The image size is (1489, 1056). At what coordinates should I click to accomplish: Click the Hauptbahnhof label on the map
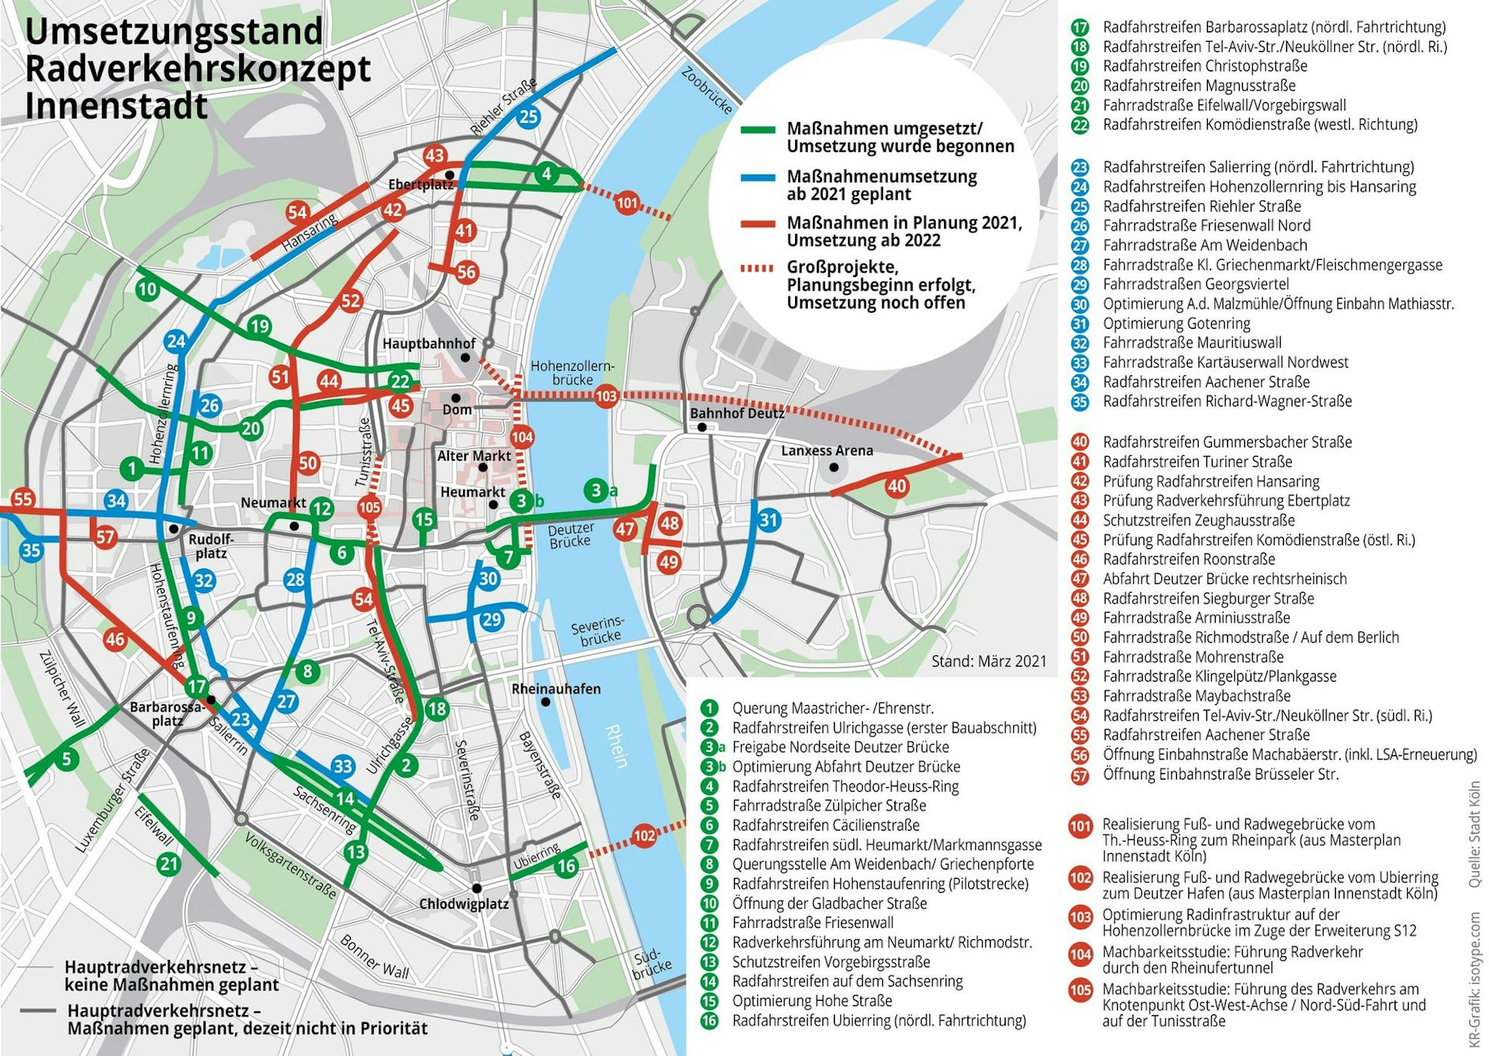pyautogui.click(x=429, y=343)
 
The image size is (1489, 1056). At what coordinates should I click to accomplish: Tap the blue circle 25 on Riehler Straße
pyautogui.click(x=529, y=116)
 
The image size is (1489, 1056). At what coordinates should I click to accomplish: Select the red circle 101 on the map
pyautogui.click(x=627, y=203)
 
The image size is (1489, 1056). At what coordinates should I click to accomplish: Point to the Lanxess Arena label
pyautogui.click(x=826, y=451)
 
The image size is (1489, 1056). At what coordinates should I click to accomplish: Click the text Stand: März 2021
pyautogui.click(x=988, y=661)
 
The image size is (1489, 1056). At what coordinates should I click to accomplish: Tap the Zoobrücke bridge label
pyautogui.click(x=707, y=90)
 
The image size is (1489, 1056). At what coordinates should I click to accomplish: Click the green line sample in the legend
pyautogui.click(x=758, y=130)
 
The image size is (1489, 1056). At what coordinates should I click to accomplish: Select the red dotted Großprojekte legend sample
pyautogui.click(x=758, y=268)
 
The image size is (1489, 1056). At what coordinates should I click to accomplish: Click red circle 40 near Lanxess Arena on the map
pyautogui.click(x=896, y=486)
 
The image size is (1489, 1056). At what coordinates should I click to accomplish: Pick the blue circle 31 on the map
pyautogui.click(x=768, y=520)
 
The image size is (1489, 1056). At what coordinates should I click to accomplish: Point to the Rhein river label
pyautogui.click(x=617, y=746)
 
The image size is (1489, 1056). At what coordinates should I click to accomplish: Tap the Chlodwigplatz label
pyautogui.click(x=464, y=904)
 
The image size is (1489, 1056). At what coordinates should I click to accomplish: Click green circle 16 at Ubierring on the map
pyautogui.click(x=567, y=865)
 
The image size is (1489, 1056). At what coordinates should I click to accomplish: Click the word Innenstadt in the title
pyautogui.click(x=116, y=105)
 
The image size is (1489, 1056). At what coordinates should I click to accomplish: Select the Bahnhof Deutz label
pyautogui.click(x=736, y=413)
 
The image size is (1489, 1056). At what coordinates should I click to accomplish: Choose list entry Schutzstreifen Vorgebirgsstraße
pyautogui.click(x=830, y=961)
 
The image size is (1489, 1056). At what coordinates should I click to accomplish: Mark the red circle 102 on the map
pyautogui.click(x=644, y=836)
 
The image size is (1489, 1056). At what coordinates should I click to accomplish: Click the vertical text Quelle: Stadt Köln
pyautogui.click(x=1474, y=834)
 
